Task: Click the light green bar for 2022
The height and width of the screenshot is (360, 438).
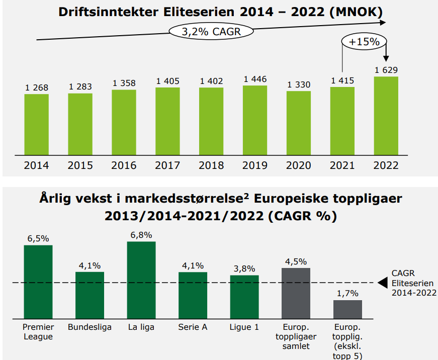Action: [x=386, y=115]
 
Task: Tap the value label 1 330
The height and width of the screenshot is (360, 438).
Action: [x=299, y=84]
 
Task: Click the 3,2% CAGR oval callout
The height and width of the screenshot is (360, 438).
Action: [x=211, y=32]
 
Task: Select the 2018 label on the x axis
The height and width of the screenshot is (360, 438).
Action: [x=211, y=165]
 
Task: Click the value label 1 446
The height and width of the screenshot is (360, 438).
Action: [x=255, y=79]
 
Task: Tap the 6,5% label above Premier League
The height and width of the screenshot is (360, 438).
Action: [x=38, y=238]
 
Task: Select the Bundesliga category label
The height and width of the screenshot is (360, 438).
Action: [x=90, y=327]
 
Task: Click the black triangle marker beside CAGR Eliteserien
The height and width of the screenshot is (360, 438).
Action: [x=383, y=283]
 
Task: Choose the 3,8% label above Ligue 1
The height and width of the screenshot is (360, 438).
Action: [x=244, y=268]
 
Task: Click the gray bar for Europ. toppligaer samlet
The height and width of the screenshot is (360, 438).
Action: [x=296, y=292]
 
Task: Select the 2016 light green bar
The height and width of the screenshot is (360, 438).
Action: [x=124, y=122]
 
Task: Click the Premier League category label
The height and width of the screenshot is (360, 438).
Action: [x=38, y=331]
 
